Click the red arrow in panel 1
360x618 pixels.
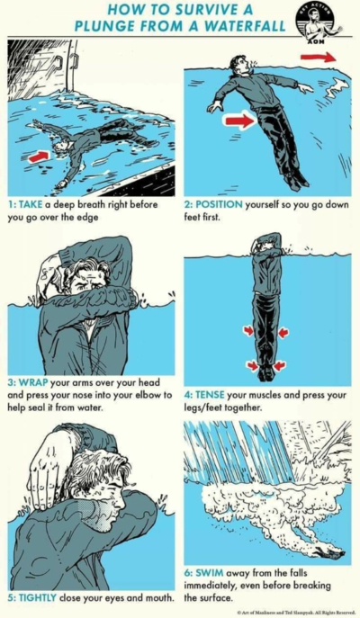tap(38, 157)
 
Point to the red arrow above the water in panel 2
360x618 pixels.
tap(318, 57)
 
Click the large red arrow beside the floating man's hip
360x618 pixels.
tap(238, 121)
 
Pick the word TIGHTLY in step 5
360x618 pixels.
tap(40, 596)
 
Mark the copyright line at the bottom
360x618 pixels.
tap(293, 612)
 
